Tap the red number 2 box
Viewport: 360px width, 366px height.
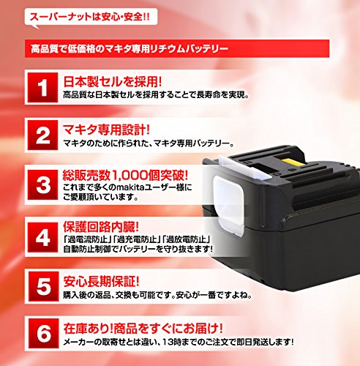pyautogui.click(x=42, y=135)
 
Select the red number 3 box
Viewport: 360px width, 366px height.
pyautogui.click(x=42, y=184)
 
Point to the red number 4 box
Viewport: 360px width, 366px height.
pyautogui.click(x=42, y=237)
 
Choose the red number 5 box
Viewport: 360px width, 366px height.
pyautogui.click(x=43, y=286)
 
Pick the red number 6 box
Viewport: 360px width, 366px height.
pyautogui.click(x=43, y=333)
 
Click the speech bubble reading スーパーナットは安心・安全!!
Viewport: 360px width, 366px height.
pyautogui.click(x=91, y=18)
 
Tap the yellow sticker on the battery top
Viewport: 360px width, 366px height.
pyautogui.click(x=294, y=162)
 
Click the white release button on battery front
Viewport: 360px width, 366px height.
pyautogui.click(x=229, y=204)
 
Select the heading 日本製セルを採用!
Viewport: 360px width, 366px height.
pyautogui.click(x=113, y=81)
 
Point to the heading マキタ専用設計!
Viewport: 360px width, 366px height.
pyautogui.click(x=106, y=130)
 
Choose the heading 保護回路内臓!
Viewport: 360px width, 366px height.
pyautogui.click(x=101, y=227)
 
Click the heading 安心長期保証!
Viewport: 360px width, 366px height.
pyautogui.click(x=101, y=281)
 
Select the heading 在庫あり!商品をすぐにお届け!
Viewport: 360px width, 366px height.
pyautogui.click(x=143, y=328)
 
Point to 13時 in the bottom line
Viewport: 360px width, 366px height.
pyautogui.click(x=172, y=342)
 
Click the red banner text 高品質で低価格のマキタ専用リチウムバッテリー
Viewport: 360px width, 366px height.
pyautogui.click(x=130, y=49)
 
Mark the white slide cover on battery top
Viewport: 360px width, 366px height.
pyautogui.click(x=244, y=165)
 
